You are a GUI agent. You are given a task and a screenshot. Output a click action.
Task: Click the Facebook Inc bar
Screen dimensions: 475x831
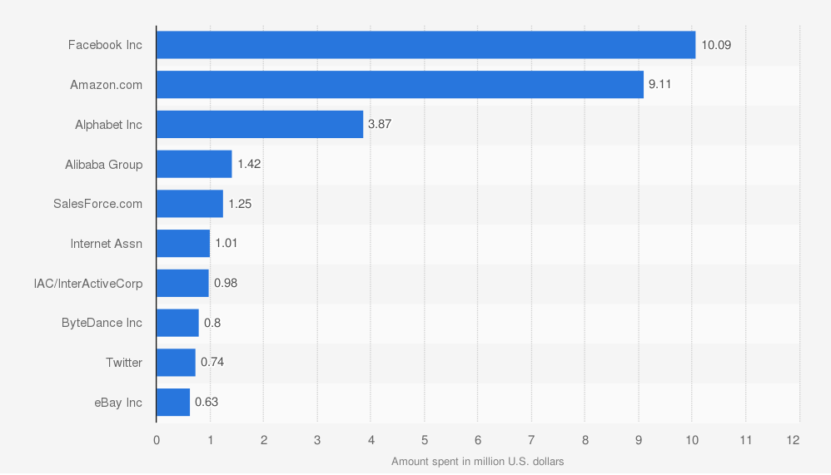(x=425, y=45)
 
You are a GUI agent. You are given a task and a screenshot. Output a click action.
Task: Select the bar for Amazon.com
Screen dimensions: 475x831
(x=400, y=85)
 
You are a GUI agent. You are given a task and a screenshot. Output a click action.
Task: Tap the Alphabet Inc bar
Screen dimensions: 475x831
(x=260, y=124)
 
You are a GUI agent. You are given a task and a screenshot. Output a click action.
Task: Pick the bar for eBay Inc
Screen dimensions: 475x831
(x=173, y=403)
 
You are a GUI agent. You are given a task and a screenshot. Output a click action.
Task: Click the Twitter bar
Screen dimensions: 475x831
(x=176, y=363)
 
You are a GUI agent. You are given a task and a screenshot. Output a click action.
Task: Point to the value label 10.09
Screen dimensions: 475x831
(x=715, y=45)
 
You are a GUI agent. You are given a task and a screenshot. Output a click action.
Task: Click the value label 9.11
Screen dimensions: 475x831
(x=659, y=85)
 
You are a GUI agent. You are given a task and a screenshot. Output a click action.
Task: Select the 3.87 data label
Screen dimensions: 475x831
(x=379, y=124)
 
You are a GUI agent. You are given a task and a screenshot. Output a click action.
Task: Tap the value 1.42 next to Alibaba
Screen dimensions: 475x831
(x=249, y=164)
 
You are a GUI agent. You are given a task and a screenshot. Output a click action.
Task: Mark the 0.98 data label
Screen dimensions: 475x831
(x=226, y=283)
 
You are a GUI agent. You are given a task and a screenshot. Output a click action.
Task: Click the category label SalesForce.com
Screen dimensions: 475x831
(x=97, y=204)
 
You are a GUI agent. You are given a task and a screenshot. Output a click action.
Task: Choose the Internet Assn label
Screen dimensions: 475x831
(x=106, y=244)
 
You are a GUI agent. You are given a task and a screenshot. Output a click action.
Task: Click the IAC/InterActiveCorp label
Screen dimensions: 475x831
(x=88, y=284)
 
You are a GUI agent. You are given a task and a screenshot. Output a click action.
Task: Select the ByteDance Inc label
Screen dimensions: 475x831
(x=102, y=323)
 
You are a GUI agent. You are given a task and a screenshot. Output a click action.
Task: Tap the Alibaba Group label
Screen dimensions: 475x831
(x=103, y=165)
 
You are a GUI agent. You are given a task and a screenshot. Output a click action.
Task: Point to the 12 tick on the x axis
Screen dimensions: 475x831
(x=793, y=440)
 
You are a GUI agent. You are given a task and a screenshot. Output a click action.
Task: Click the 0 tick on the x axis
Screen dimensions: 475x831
(x=157, y=440)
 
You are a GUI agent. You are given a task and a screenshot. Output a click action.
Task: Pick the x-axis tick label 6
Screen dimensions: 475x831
(x=478, y=440)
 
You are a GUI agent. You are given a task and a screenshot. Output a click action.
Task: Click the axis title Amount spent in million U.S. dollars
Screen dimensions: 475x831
(x=477, y=462)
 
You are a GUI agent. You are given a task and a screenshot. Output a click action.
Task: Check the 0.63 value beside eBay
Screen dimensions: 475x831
(x=207, y=403)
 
